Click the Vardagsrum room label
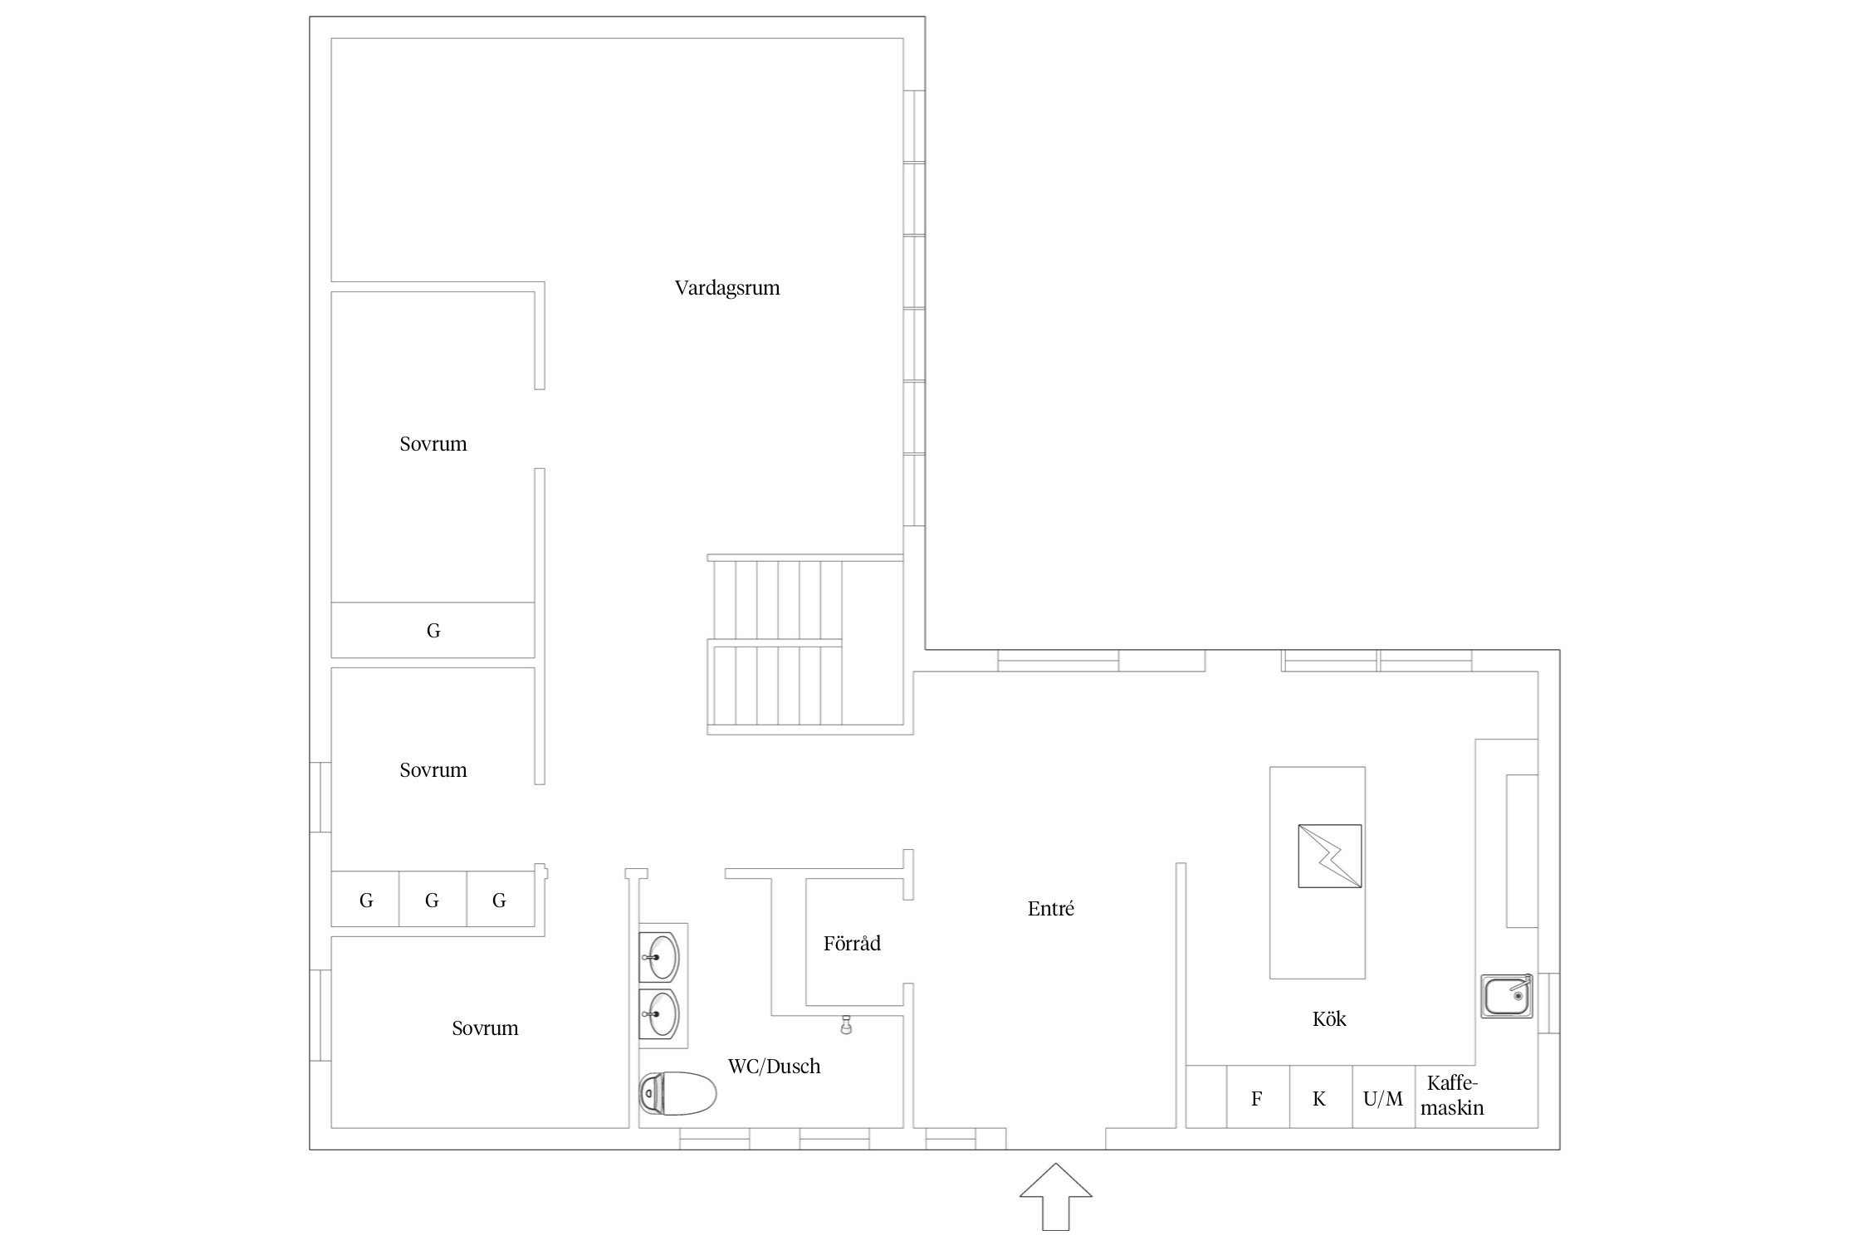[726, 288]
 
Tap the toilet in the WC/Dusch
[677, 1093]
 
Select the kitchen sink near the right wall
[1507, 996]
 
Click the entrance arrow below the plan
[1055, 1196]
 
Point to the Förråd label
[852, 943]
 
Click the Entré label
[1051, 909]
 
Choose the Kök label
[1329, 1018]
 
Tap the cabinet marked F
[1258, 1096]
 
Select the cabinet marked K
[1321, 1096]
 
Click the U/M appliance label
[1383, 1099]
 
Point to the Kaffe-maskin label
[1453, 1095]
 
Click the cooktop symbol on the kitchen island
[1330, 857]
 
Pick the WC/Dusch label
[775, 1067]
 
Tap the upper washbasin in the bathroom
[661, 957]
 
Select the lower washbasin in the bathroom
[661, 1013]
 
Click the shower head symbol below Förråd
[846, 1025]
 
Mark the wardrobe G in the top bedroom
[433, 631]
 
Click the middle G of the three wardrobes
[432, 900]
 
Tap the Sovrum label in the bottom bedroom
[485, 1028]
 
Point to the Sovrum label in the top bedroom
[433, 444]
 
